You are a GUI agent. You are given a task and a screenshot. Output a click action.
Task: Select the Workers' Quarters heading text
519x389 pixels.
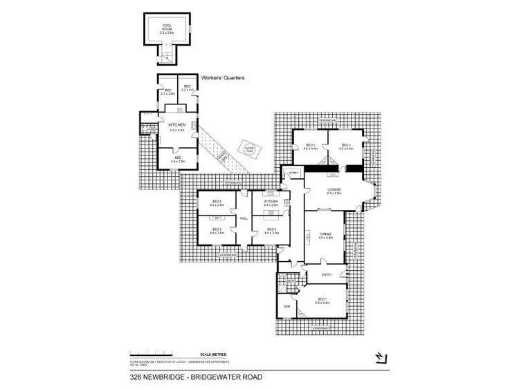(221, 78)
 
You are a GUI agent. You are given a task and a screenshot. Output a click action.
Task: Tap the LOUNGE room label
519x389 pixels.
(335, 191)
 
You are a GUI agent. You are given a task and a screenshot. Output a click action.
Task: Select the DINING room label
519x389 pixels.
(326, 236)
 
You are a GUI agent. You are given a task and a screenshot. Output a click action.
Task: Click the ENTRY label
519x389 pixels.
(327, 274)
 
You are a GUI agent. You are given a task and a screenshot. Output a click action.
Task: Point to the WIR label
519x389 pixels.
(286, 306)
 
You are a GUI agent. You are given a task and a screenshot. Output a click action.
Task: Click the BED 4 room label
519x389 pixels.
(271, 231)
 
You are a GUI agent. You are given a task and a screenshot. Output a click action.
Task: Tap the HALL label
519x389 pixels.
(244, 218)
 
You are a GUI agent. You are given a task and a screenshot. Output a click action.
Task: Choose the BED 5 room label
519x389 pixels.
(216, 231)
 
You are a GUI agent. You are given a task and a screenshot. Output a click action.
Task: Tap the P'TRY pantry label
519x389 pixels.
(293, 173)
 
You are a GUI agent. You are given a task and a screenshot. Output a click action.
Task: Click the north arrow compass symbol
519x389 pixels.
(379, 357)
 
